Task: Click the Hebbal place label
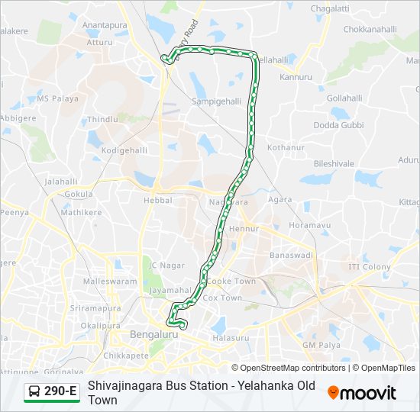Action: coord(157,200)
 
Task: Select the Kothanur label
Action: coord(286,146)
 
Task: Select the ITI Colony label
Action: coord(370,267)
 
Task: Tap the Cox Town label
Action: coord(222,298)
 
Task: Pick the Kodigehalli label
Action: coord(123,150)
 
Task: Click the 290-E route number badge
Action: coord(60,392)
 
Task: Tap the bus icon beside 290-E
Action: coord(35,392)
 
